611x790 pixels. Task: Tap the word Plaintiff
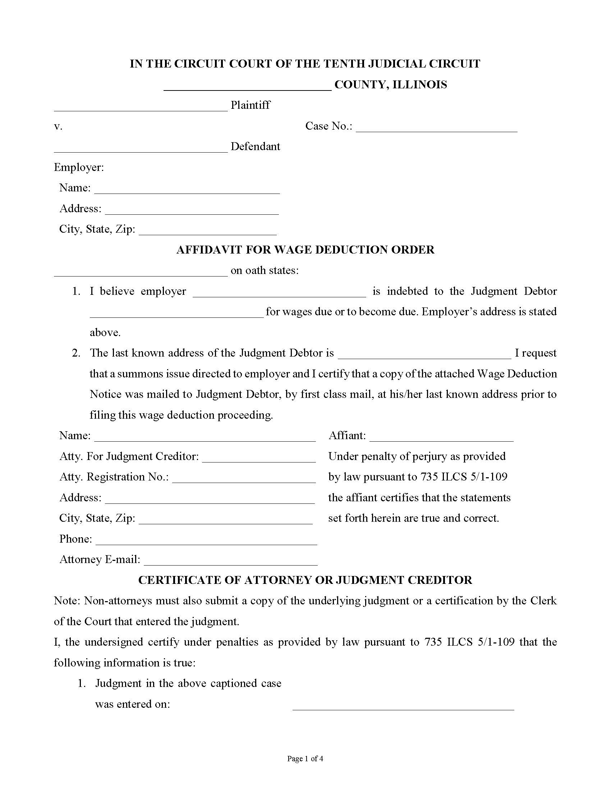(251, 105)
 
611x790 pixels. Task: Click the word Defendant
(255, 147)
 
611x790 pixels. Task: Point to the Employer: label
(79, 167)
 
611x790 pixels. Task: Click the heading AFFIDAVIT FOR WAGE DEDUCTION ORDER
(305, 250)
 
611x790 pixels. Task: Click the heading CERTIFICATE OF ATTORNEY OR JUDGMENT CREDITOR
(305, 580)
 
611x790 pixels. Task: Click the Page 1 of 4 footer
(305, 758)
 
